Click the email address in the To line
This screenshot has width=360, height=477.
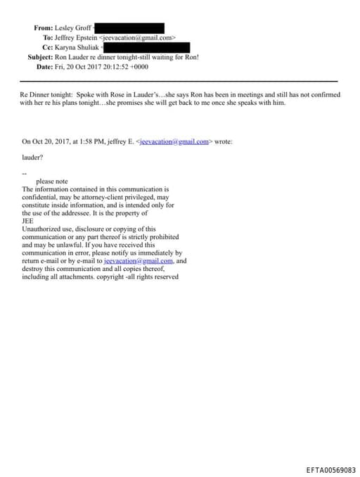point(139,37)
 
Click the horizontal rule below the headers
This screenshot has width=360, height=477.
point(179,81)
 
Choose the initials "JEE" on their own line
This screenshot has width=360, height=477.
point(28,221)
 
